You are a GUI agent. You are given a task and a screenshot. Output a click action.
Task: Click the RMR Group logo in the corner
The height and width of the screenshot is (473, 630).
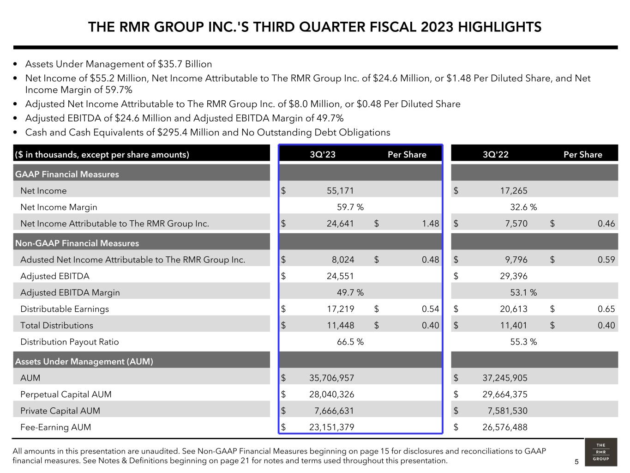point(600,452)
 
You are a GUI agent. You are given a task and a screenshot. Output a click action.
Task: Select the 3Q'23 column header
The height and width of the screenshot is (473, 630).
point(323,154)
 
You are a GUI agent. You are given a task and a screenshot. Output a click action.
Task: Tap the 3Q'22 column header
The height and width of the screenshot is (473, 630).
point(496,154)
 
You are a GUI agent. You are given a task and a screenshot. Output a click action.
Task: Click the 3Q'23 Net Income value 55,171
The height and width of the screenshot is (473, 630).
point(340,191)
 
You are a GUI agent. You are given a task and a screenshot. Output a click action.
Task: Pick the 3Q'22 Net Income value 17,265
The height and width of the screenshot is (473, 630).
point(513,191)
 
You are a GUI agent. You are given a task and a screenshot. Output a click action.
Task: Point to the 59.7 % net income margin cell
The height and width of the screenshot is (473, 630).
point(350,207)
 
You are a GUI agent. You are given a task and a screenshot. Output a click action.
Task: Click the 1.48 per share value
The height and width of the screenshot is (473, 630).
point(430,224)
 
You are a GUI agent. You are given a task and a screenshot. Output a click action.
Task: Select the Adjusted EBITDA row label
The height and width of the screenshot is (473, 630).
point(55,276)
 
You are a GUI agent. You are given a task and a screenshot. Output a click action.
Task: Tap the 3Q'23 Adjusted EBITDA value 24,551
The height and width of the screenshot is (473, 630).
point(340,276)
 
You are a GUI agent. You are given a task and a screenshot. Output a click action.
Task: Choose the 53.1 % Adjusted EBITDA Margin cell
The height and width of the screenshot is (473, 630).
point(523,292)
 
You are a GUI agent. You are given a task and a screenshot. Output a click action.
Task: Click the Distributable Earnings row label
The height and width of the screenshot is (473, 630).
point(65,309)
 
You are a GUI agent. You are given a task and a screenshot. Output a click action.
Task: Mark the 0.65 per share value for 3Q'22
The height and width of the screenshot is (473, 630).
point(606,309)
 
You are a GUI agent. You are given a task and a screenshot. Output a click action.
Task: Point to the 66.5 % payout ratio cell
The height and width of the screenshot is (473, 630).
point(350,342)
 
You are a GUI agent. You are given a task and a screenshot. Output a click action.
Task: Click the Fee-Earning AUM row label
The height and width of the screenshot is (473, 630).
point(55,427)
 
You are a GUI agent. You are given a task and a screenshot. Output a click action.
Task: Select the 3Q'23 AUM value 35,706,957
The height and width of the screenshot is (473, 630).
point(331,378)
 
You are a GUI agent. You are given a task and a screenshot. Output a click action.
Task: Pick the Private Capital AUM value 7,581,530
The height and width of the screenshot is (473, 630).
point(507,411)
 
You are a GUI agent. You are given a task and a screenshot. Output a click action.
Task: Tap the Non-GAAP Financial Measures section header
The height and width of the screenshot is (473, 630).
point(77,243)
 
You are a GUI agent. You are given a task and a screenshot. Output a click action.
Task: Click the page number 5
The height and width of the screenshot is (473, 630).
point(576,461)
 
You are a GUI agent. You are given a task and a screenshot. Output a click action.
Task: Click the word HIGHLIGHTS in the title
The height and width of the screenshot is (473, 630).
point(500,27)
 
